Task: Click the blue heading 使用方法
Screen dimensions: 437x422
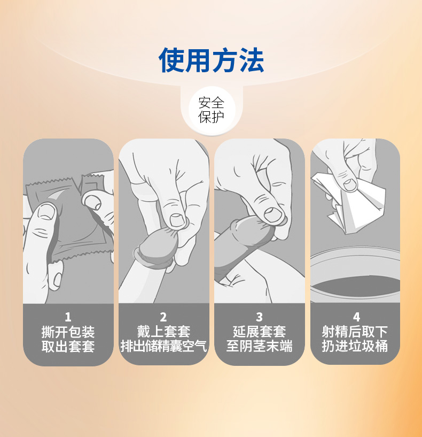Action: point(211,60)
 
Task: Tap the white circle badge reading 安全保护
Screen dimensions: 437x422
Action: point(211,110)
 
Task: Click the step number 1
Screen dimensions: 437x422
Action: point(68,317)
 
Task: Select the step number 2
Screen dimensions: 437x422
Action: point(163,317)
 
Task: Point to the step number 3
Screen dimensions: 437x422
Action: point(259,317)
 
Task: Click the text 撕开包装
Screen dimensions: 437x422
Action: point(68,332)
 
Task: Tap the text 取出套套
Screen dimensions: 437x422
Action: point(68,346)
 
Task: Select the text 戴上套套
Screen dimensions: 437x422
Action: point(163,332)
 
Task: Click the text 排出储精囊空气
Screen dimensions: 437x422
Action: point(163,346)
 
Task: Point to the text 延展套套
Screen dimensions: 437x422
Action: point(259,332)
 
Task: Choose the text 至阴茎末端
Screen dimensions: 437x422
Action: point(259,346)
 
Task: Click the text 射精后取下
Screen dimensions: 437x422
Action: point(355,332)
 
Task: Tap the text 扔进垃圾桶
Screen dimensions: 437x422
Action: point(355,346)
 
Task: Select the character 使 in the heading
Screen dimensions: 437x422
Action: point(171,60)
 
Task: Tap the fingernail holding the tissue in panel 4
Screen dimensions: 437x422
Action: point(350,185)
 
